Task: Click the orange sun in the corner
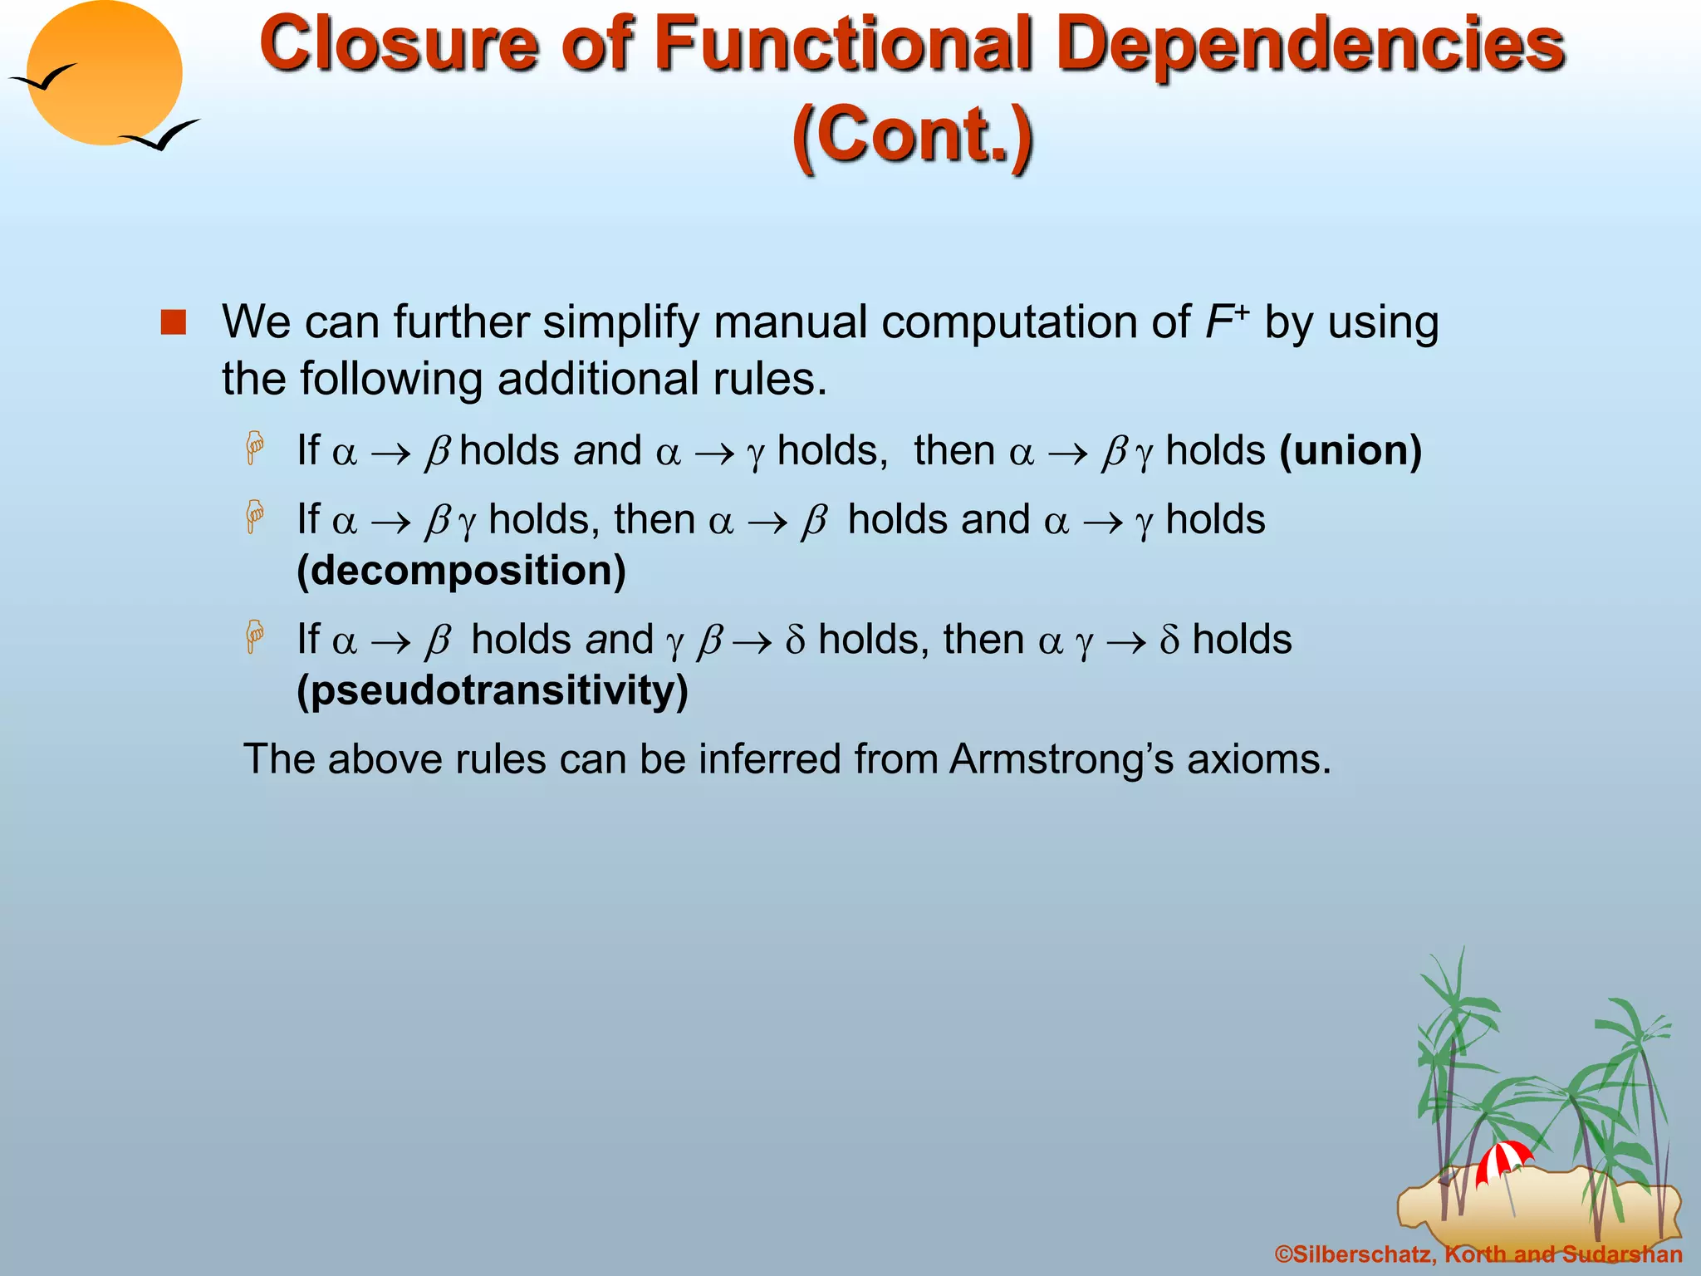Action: coord(104,73)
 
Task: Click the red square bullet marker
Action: coord(174,322)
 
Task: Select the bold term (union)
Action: coord(1351,450)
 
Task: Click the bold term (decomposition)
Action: coord(462,571)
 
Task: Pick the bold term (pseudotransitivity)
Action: coord(493,690)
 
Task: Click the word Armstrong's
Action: coord(1061,759)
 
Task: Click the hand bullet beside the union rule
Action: coord(255,449)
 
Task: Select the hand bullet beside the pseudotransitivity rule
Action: coord(255,637)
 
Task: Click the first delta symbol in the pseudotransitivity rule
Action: coord(795,640)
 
